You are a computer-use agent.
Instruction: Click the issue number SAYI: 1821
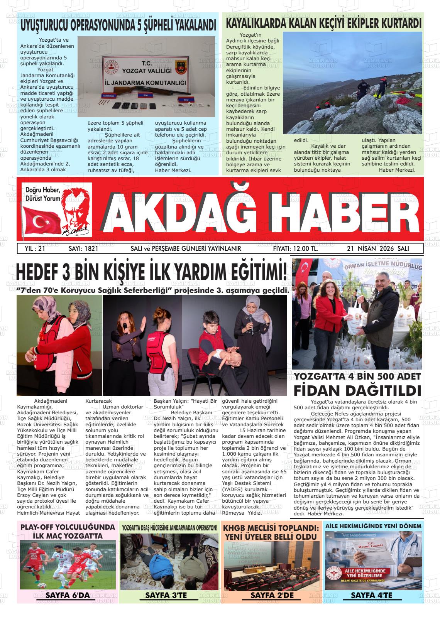(83, 249)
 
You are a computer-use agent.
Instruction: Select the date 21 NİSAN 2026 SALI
(378, 249)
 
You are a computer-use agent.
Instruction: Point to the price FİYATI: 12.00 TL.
(295, 249)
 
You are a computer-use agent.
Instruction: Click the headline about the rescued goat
(323, 24)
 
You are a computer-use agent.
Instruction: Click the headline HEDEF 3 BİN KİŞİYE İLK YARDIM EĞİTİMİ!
(152, 273)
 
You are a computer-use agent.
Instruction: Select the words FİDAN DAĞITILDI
(357, 390)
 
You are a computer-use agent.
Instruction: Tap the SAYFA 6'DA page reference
(68, 595)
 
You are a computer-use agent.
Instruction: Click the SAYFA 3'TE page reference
(166, 595)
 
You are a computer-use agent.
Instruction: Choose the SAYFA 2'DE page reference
(272, 595)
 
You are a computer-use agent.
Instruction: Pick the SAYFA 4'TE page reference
(371, 595)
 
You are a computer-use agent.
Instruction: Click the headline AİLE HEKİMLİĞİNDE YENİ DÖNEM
(373, 526)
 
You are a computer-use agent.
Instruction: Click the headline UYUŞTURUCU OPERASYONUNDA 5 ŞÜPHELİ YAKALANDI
(118, 26)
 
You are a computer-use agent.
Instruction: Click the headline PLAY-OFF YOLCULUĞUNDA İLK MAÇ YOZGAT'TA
(68, 531)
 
